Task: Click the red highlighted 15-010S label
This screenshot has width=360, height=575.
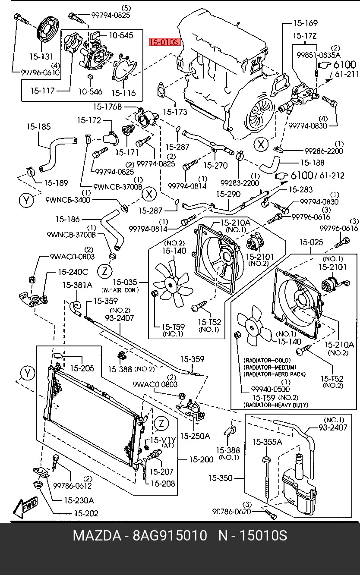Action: tap(164, 42)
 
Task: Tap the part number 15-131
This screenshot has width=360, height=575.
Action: tap(41, 57)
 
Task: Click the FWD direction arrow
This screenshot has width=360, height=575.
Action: tap(25, 508)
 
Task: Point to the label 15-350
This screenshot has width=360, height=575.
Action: tap(220, 478)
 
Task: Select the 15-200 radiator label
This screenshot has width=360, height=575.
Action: tap(202, 459)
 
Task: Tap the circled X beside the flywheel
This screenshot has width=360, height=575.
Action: tap(260, 145)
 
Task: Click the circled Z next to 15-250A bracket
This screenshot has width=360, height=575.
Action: tap(161, 423)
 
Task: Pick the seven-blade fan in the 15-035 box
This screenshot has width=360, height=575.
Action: tap(171, 283)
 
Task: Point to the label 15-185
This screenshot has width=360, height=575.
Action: tap(38, 127)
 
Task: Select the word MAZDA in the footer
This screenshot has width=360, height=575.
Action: tap(97, 536)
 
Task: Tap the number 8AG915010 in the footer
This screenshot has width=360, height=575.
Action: tap(170, 536)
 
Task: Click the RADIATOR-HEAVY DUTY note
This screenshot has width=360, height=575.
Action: tap(276, 405)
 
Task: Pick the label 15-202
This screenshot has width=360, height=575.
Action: tap(86, 513)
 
